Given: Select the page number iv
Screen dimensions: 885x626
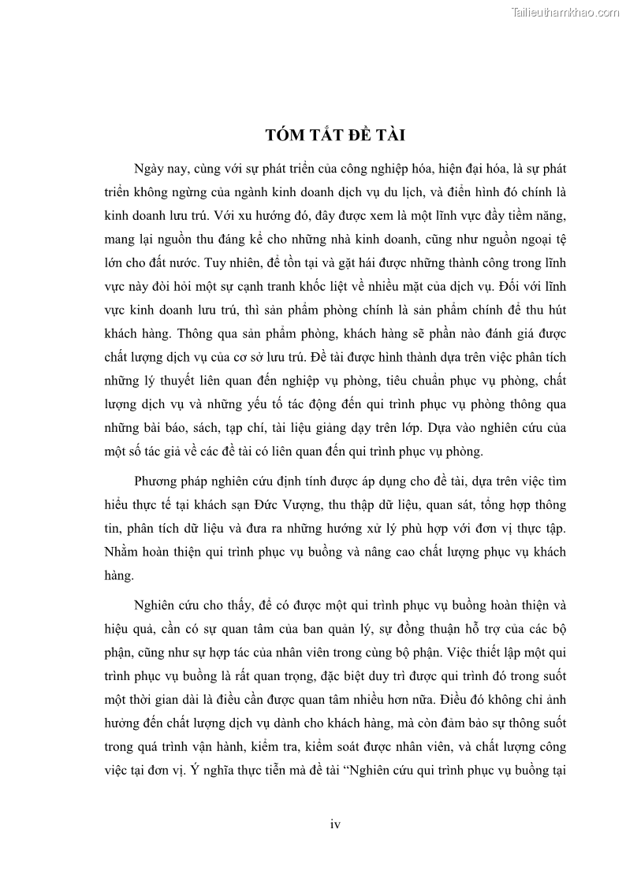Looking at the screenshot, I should [x=334, y=824].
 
